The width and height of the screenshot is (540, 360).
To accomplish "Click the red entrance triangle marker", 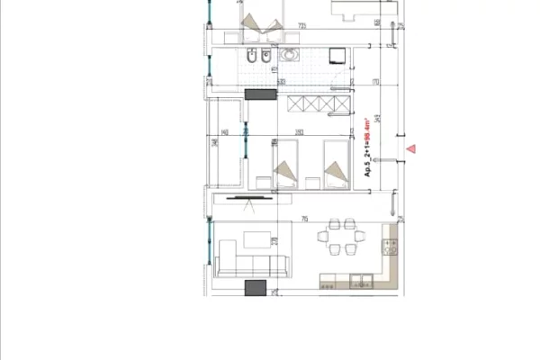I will pos(411,148).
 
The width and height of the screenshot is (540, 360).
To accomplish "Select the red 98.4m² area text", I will pos(368,128).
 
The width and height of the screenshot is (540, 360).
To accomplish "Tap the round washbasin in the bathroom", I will pos(290,57).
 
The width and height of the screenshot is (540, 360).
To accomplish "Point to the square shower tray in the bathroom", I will pos(336,56).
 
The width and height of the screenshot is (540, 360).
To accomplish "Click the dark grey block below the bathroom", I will pos(260,94).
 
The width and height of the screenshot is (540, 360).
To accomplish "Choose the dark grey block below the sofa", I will pos(256,287).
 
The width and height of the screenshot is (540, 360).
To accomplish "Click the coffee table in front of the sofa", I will pos(255,239).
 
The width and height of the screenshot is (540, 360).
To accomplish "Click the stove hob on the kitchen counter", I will pos(391,244).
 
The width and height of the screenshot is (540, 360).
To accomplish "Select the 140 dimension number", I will pos(221,133).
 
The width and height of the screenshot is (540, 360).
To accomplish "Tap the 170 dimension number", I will pos(350,82).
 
